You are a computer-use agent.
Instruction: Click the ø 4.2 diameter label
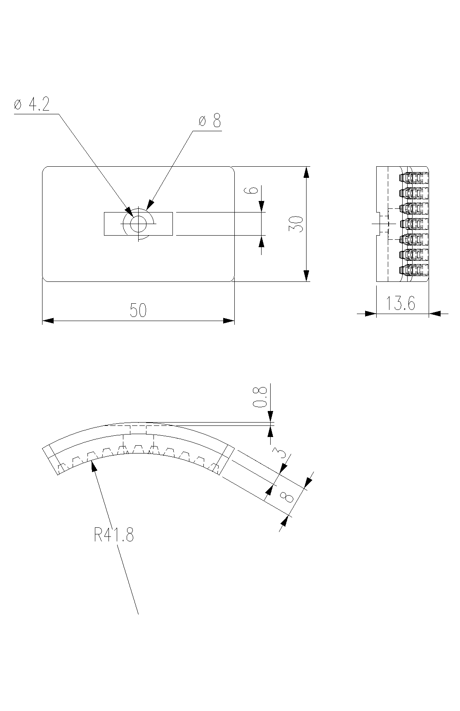(32, 105)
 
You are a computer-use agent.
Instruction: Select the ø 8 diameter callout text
(210, 121)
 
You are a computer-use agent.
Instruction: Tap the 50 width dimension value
(138, 310)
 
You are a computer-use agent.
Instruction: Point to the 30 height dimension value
(297, 224)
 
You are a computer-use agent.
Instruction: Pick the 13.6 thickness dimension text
(401, 304)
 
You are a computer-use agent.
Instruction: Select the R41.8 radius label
(114, 536)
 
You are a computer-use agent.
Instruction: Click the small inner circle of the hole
(138, 224)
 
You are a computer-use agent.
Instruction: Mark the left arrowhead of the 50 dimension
(48, 321)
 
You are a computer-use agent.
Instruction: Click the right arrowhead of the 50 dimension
(229, 321)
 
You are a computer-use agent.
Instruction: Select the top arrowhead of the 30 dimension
(306, 172)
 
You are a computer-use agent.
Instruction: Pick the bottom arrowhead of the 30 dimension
(306, 276)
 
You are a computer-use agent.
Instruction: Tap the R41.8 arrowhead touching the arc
(94, 466)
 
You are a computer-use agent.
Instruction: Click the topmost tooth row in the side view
(414, 177)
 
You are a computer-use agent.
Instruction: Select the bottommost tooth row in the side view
(414, 270)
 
